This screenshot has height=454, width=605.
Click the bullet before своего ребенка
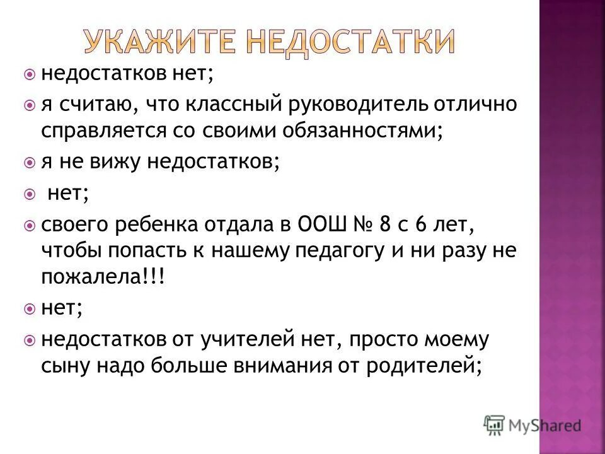coord(29,224)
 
